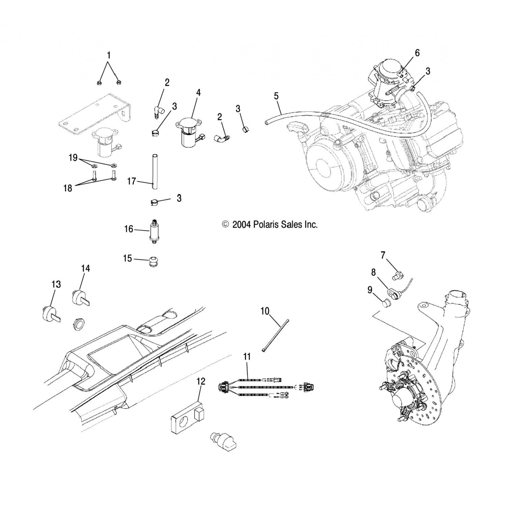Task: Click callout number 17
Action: click(x=132, y=181)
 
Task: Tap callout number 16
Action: click(x=129, y=229)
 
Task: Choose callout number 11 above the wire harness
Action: click(x=247, y=357)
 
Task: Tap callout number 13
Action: click(x=56, y=284)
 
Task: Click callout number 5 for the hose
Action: click(x=276, y=96)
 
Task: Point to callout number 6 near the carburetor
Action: click(x=417, y=53)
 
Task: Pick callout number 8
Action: click(x=373, y=272)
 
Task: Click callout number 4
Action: click(x=198, y=92)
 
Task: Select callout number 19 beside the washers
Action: click(x=73, y=158)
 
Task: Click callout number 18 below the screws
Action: click(x=68, y=188)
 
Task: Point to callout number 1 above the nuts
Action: click(x=109, y=55)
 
